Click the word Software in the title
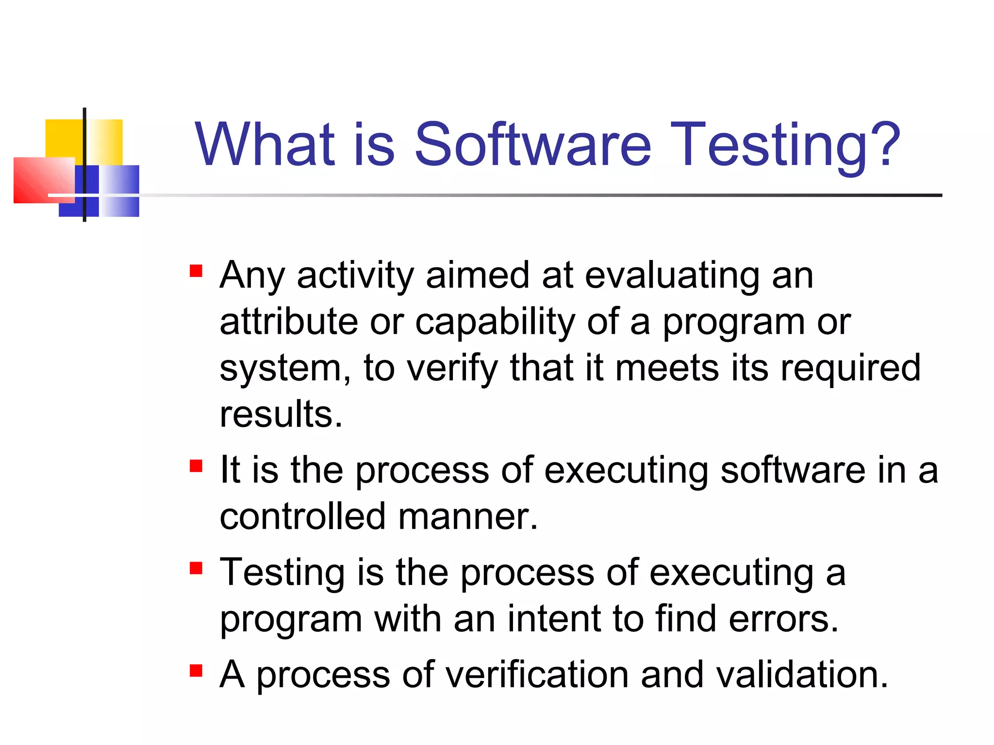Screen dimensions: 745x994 [532, 144]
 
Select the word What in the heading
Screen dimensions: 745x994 [265, 144]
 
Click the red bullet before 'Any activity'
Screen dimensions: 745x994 [196, 271]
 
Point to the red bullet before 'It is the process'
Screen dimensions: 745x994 [196, 466]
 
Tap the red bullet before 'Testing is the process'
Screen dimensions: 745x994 [196, 568]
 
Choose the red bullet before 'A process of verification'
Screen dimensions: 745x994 [196, 671]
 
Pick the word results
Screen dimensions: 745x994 [281, 415]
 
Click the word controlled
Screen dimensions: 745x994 [302, 517]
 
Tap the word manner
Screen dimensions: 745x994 [467, 517]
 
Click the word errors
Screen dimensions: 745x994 [783, 619]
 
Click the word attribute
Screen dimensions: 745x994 [288, 322]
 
